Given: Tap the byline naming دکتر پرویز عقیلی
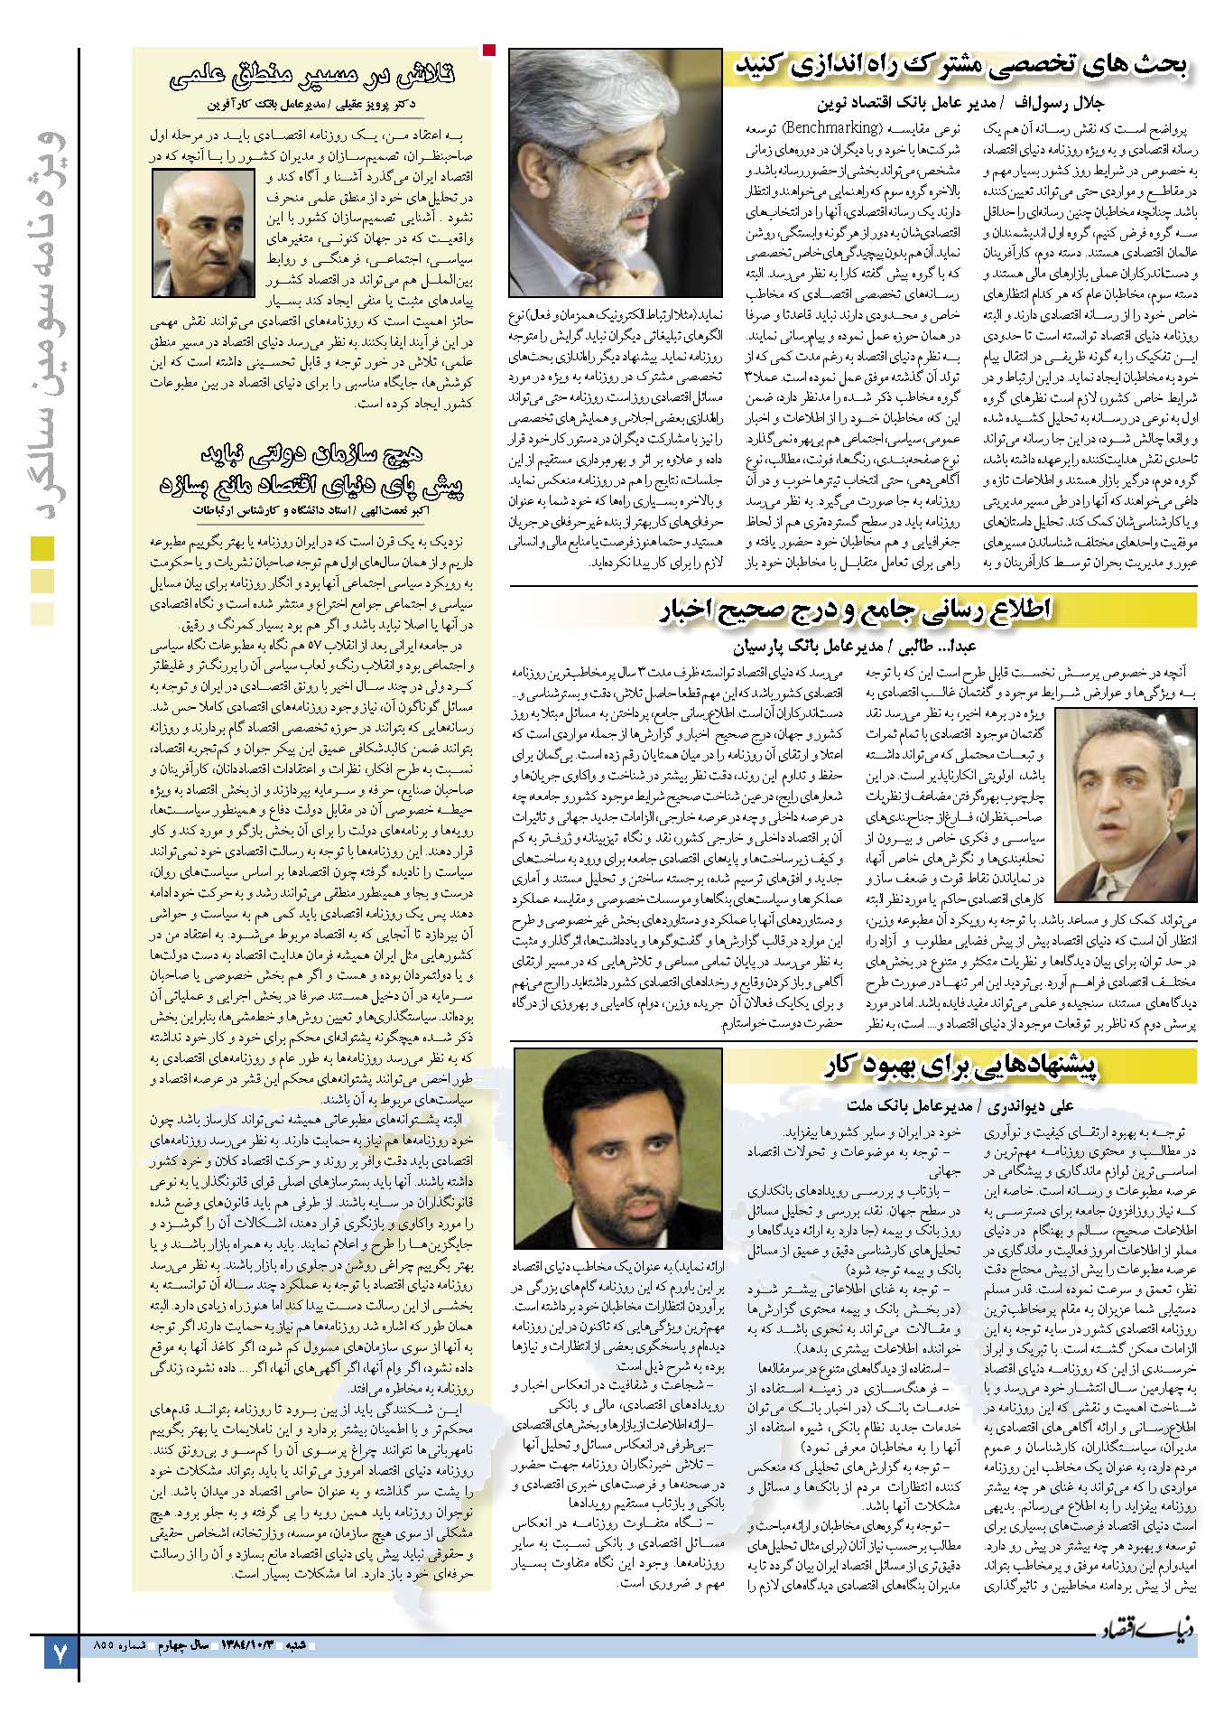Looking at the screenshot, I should (x=311, y=104).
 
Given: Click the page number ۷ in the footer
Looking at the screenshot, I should (x=60, y=1656).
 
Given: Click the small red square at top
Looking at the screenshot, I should (x=489, y=49).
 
